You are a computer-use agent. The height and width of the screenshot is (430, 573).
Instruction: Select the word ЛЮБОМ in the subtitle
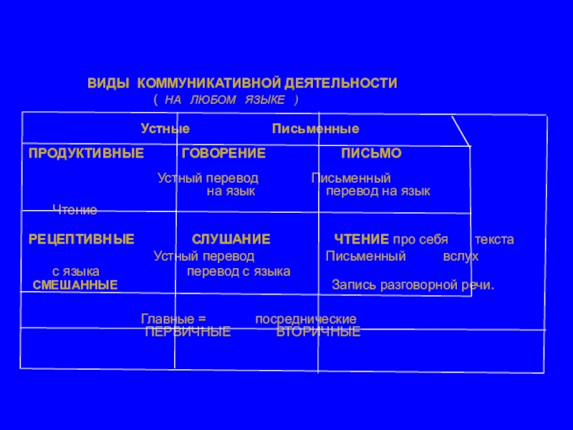tap(214, 99)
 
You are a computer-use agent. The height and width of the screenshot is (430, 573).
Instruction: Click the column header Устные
tap(165, 129)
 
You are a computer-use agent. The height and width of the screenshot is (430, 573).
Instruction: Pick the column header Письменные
tap(315, 129)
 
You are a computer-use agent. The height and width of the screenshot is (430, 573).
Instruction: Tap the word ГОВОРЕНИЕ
tap(223, 153)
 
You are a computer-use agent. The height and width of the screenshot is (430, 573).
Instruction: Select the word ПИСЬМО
tap(371, 153)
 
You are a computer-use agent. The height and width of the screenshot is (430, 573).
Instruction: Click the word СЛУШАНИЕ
tap(231, 239)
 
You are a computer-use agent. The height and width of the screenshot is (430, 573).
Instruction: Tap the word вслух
tap(461, 256)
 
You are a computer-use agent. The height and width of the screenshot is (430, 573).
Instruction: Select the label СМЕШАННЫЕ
tap(75, 285)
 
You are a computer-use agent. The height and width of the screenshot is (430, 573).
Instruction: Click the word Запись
tap(351, 285)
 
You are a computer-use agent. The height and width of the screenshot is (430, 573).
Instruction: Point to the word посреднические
tap(306, 319)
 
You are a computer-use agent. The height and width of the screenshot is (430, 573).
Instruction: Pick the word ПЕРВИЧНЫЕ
tap(188, 333)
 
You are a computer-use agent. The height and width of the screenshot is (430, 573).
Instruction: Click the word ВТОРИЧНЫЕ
tap(318, 333)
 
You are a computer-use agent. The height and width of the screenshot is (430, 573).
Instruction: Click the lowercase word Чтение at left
tap(74, 210)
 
